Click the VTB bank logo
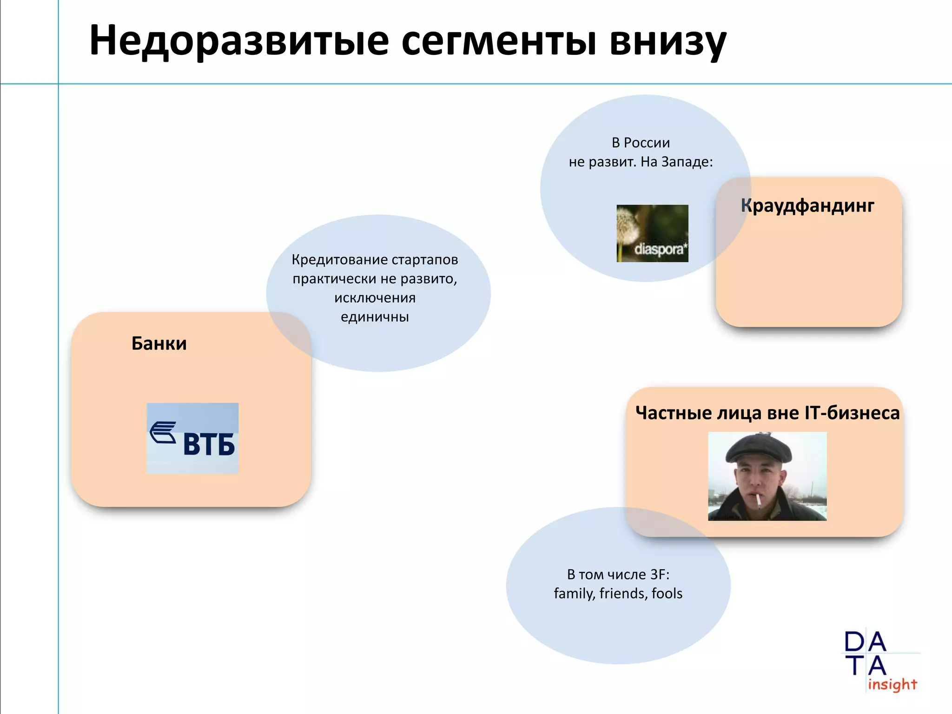click(192, 438)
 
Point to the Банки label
click(159, 344)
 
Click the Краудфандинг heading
click(807, 205)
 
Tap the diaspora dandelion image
click(652, 233)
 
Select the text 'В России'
click(641, 143)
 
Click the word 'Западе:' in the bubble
click(687, 162)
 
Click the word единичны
click(375, 317)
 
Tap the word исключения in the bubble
click(375, 297)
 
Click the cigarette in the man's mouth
click(759, 501)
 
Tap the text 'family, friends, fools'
click(618, 594)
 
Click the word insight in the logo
click(892, 684)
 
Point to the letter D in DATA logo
click(854, 642)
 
